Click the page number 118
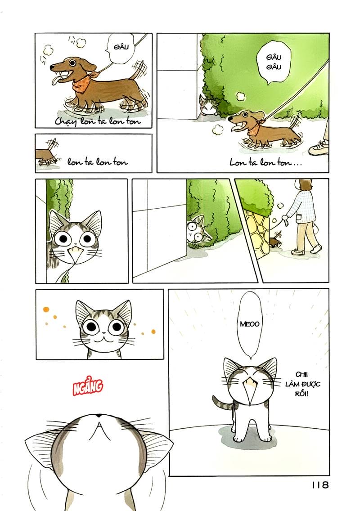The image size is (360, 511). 320,485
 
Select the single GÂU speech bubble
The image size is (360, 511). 118,46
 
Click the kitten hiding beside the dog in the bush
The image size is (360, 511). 207,106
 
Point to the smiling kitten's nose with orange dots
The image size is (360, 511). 103,333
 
